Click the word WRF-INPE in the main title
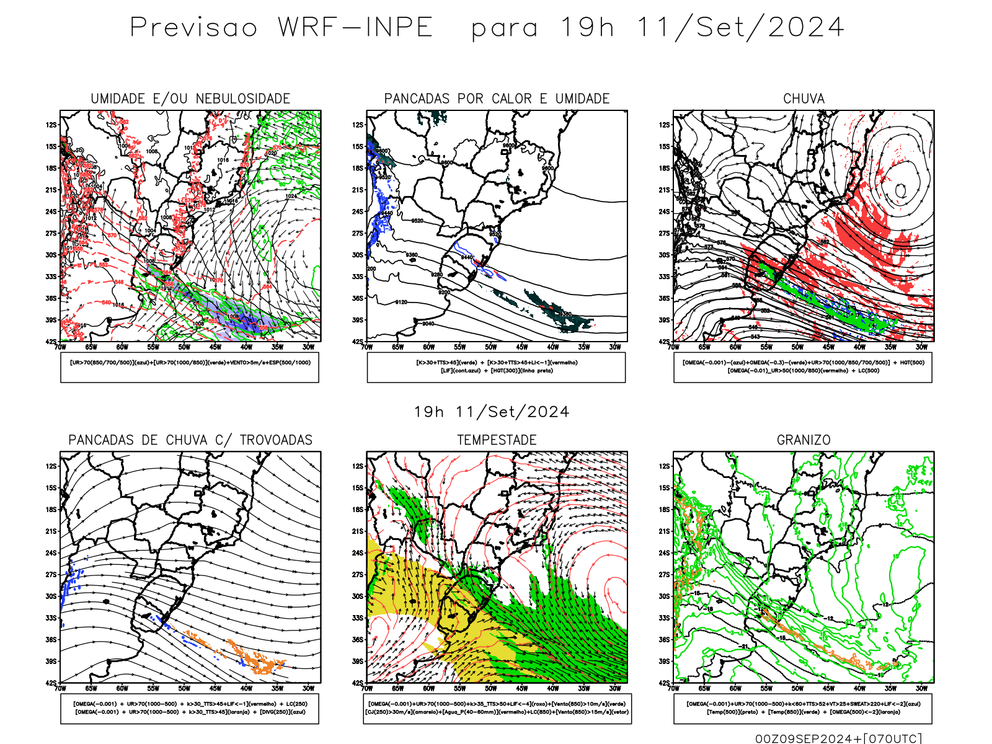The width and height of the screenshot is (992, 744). [355, 28]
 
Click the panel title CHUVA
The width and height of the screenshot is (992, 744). [804, 99]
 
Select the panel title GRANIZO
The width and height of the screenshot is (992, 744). [804, 440]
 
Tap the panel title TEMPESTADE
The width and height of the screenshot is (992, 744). [497, 440]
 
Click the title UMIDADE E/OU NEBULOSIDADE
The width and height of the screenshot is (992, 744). [190, 99]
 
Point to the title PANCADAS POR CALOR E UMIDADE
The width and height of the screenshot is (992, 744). [497, 99]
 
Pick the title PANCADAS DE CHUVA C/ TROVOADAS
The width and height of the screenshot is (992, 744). [190, 440]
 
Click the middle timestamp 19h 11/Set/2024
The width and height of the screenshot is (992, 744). [492, 412]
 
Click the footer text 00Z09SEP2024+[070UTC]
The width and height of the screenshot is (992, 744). [838, 738]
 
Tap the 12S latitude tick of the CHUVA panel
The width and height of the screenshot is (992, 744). [664, 125]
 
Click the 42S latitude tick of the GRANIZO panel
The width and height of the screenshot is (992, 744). [664, 683]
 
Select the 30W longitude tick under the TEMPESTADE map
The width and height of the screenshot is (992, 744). [614, 688]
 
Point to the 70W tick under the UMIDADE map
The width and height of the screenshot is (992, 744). [60, 347]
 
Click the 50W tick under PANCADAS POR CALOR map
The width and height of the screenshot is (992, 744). [490, 347]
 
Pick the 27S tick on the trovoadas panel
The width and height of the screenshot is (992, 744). [51, 575]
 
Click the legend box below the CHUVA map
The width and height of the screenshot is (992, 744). [803, 367]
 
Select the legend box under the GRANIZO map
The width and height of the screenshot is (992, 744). [803, 708]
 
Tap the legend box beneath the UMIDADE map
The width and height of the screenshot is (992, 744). [190, 367]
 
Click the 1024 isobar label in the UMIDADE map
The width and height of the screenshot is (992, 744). [291, 197]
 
